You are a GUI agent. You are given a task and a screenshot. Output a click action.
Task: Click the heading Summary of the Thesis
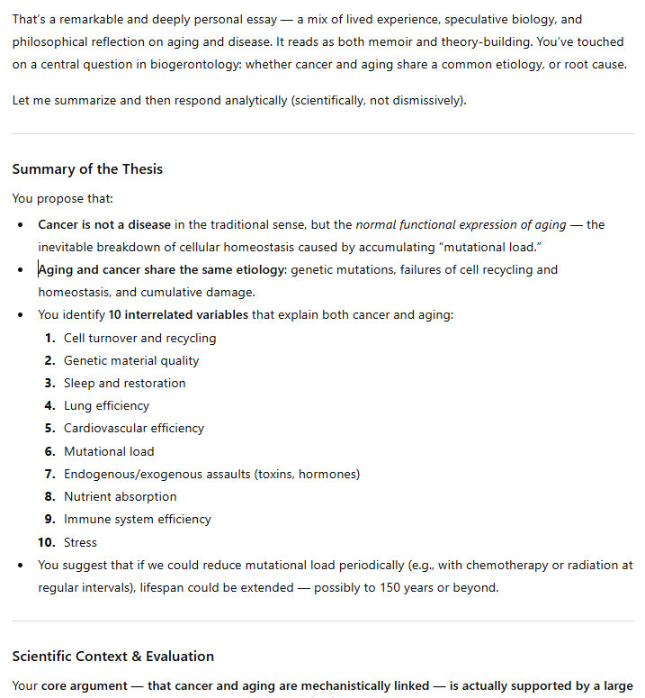[87, 169]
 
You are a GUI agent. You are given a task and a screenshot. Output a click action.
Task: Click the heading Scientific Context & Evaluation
[112, 656]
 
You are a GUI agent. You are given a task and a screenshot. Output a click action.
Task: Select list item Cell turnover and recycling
[139, 338]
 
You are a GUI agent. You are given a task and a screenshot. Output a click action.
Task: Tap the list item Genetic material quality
[131, 360]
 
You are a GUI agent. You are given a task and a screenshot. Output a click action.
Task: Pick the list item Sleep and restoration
[124, 383]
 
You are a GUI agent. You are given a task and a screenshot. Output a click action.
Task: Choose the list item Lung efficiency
[106, 405]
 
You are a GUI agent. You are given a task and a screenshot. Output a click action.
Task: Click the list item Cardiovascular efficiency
[133, 428]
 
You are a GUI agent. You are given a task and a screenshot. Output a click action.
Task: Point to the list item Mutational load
[109, 451]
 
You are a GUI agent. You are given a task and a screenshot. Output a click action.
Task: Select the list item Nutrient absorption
[120, 496]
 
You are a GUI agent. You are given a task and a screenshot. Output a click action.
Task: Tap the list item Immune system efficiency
[137, 519]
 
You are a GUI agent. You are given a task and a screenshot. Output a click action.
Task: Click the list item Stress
[80, 542]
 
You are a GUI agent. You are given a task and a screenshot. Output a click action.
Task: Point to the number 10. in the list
[46, 542]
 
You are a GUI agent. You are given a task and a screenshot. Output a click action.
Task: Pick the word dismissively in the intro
[426, 100]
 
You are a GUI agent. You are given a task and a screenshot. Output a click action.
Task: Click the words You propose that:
[62, 198]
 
